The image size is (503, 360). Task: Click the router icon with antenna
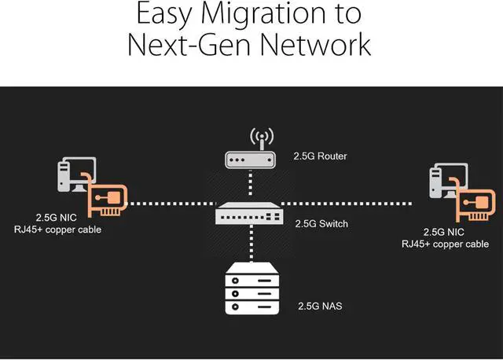click(x=251, y=152)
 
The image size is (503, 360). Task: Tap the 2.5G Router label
click(x=319, y=156)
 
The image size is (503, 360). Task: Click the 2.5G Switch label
click(x=321, y=223)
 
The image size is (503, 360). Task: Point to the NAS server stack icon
click(x=251, y=285)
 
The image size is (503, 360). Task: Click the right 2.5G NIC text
click(x=445, y=232)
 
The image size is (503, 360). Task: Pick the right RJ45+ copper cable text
click(x=445, y=244)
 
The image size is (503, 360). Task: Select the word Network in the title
click(x=311, y=44)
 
